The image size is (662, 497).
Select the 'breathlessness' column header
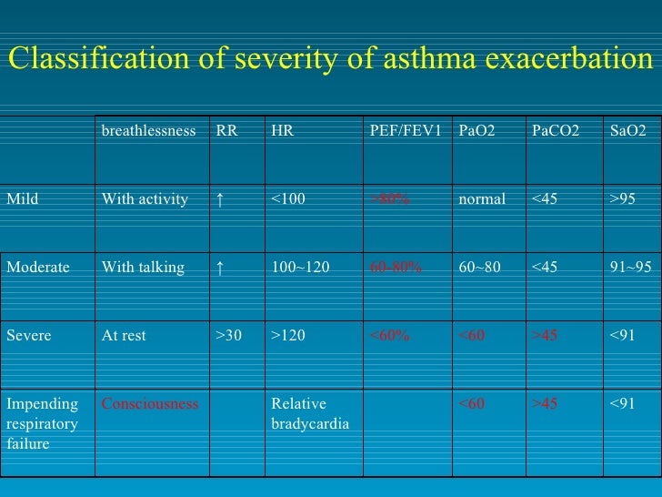click(x=148, y=131)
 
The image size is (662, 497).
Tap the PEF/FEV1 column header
click(x=406, y=131)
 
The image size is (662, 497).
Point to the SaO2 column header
click(x=628, y=131)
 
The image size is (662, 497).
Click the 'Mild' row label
click(x=23, y=199)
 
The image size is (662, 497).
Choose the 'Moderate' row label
click(x=38, y=268)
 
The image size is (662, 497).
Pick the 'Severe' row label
click(x=29, y=336)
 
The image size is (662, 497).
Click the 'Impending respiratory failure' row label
click(x=43, y=424)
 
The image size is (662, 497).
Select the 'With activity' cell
click(x=145, y=199)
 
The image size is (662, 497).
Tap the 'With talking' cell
click(x=143, y=268)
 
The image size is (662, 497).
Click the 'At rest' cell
click(x=124, y=336)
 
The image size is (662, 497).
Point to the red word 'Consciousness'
click(x=150, y=404)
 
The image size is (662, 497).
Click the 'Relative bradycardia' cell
click(x=310, y=414)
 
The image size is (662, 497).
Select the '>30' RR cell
click(x=228, y=336)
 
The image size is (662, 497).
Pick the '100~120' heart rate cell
click(x=299, y=268)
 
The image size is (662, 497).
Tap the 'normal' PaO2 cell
click(x=483, y=199)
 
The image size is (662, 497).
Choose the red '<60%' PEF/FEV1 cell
click(x=389, y=336)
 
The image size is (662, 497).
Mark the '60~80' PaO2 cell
click(x=479, y=268)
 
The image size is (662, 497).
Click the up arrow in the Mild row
click(x=219, y=199)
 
